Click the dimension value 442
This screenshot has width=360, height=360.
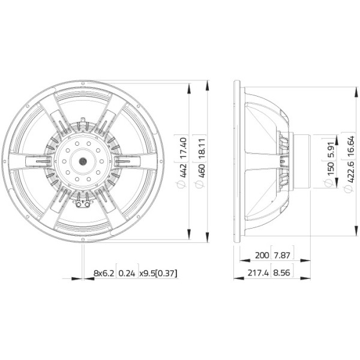(184, 170)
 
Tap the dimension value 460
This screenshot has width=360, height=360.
(202, 170)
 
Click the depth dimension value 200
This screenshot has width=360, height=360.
(262, 255)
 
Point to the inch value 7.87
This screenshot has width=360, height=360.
(282, 255)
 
